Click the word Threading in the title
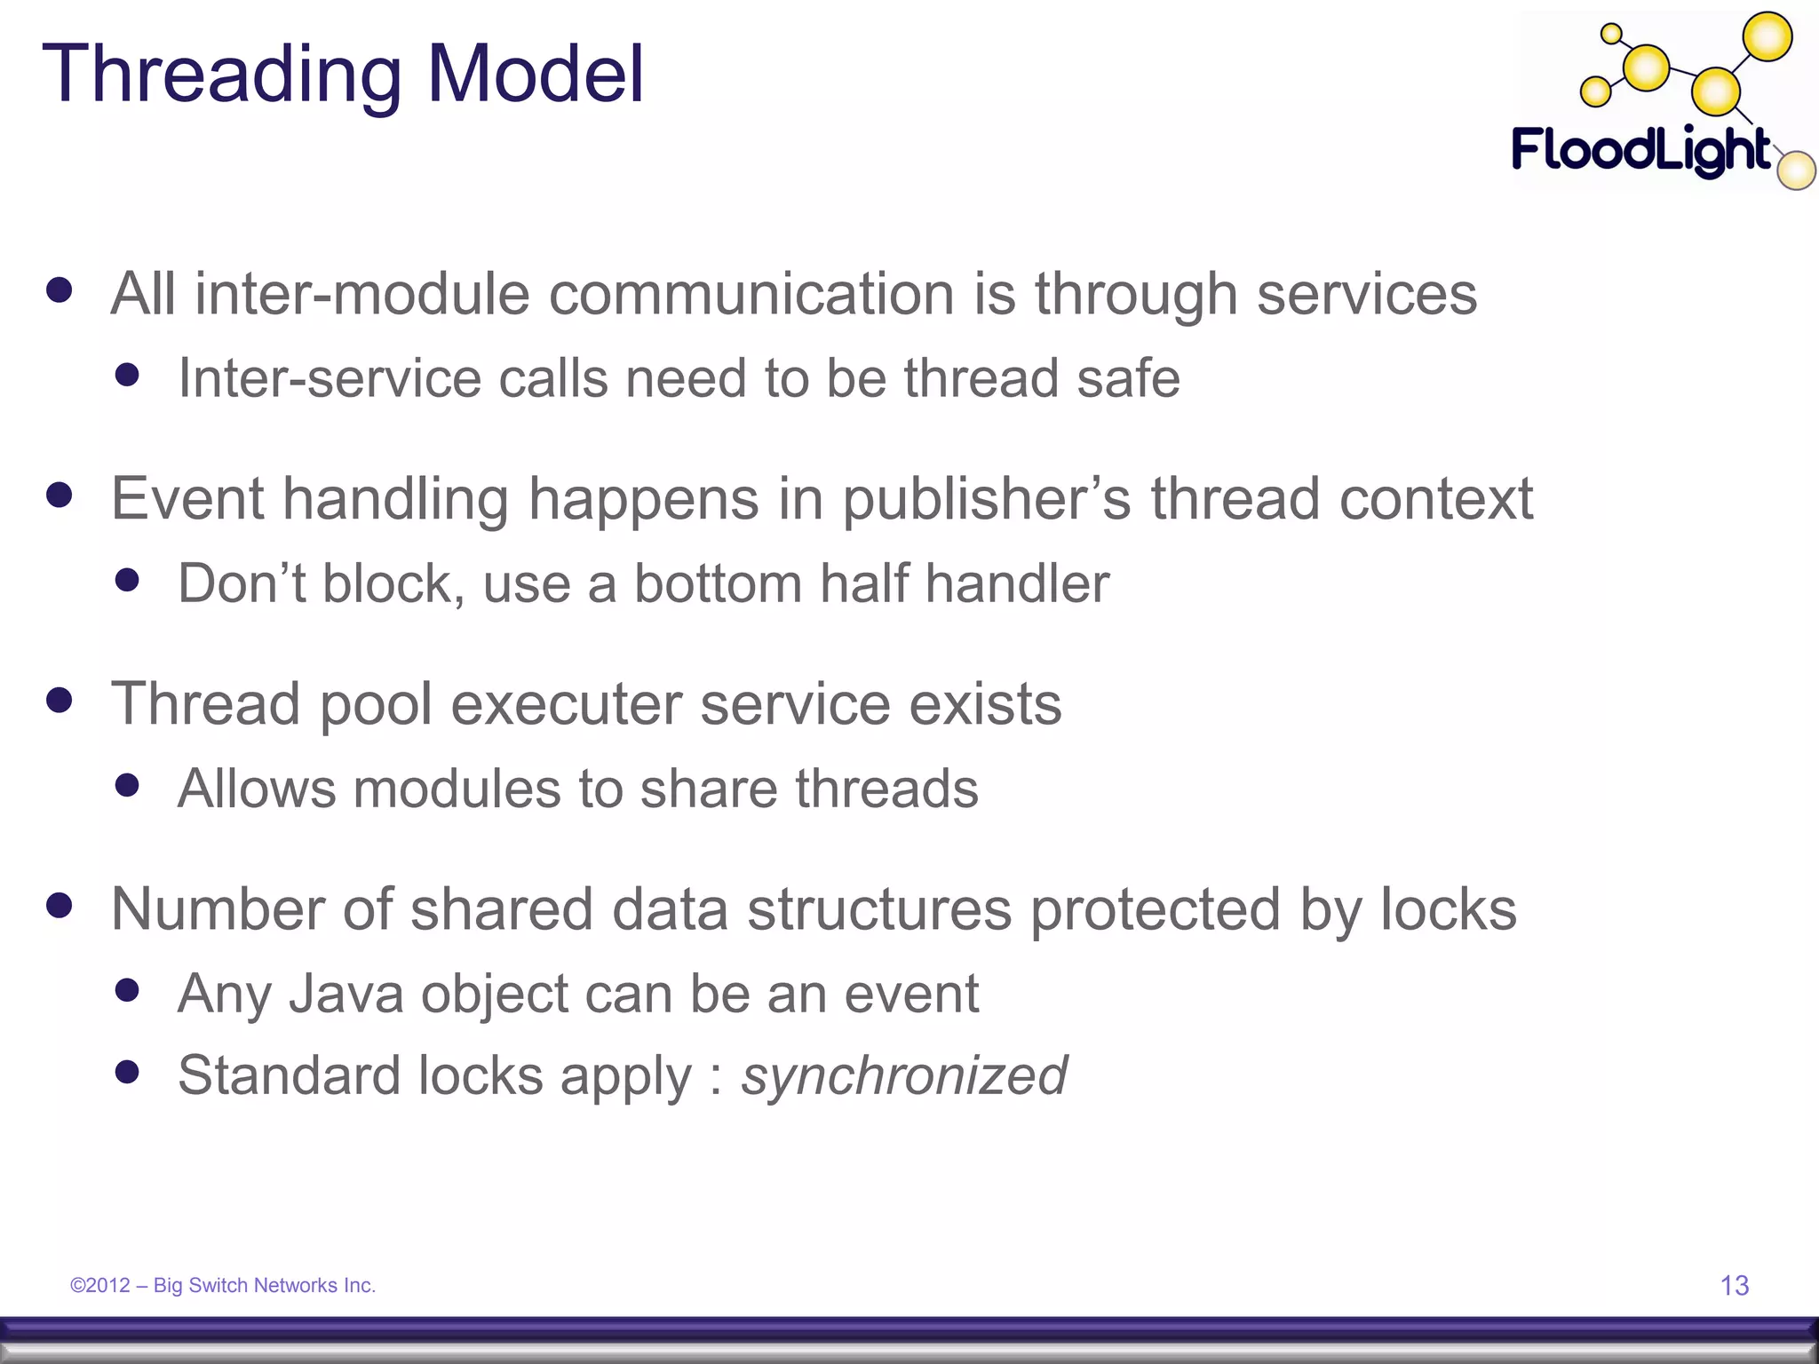[222, 75]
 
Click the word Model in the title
[536, 75]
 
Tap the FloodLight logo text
[1641, 150]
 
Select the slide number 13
[1735, 1285]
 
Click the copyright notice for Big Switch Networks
[223, 1285]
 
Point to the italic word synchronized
[904, 1075]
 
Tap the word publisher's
[987, 499]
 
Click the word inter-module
[362, 294]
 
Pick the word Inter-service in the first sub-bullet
[330, 378]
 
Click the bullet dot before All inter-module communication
[60, 290]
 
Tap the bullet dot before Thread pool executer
[60, 701]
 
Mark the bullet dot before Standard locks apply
[128, 1072]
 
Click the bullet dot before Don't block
[128, 580]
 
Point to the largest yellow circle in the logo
[1767, 37]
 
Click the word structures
[879, 909]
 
